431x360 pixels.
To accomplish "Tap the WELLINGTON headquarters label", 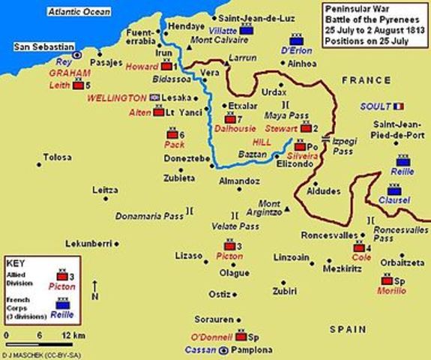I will [117, 97].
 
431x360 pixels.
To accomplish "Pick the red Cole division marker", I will [358, 247].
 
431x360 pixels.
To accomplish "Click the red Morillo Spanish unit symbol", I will [385, 280].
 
